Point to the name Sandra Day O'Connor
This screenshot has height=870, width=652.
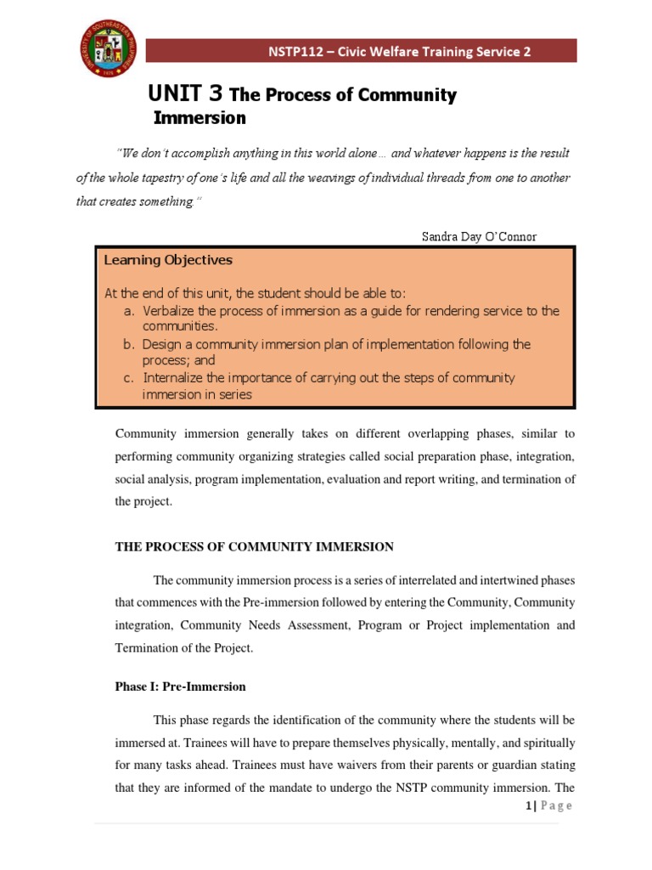click(x=479, y=236)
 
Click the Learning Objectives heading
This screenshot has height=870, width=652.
click(x=167, y=260)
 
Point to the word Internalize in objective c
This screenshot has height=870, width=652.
click(x=177, y=378)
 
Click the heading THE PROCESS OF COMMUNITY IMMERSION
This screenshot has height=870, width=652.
click(x=254, y=547)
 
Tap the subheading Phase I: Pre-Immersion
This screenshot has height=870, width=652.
click(x=180, y=686)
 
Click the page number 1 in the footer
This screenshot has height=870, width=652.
click(x=528, y=805)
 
